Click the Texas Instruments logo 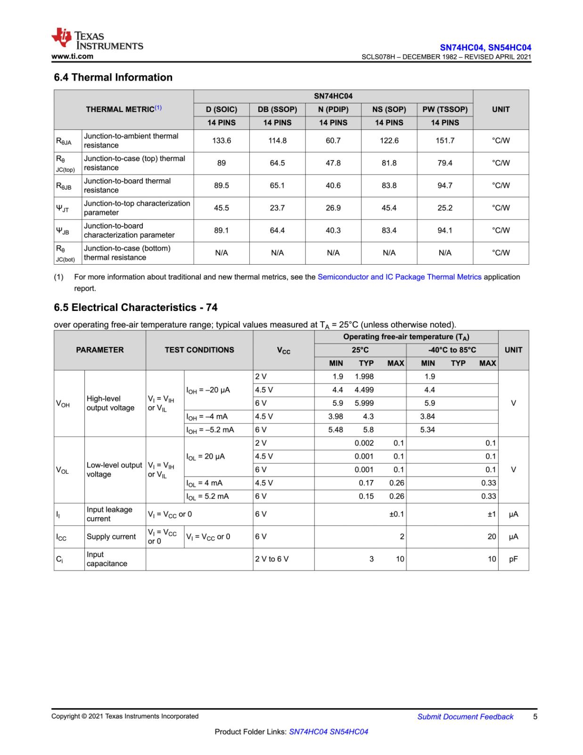pyautogui.click(x=97, y=40)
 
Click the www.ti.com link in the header pyautogui.click(x=72, y=57)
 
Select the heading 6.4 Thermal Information pyautogui.click(x=113, y=77)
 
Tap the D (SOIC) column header pyautogui.click(x=222, y=109)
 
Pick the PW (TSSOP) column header pyautogui.click(x=445, y=109)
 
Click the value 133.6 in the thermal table pyautogui.click(x=222, y=141)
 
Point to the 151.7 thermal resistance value pyautogui.click(x=445, y=141)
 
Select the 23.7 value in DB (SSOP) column pyautogui.click(x=277, y=208)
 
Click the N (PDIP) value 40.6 pyautogui.click(x=333, y=185)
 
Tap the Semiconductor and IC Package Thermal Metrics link pyautogui.click(x=399, y=277)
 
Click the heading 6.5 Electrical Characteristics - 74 pyautogui.click(x=136, y=308)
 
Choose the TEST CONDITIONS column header pyautogui.click(x=199, y=350)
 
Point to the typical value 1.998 pyautogui.click(x=364, y=377)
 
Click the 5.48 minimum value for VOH pyautogui.click(x=336, y=430)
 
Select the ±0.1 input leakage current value pyautogui.click(x=396, y=514)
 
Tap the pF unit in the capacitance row pyautogui.click(x=513, y=559)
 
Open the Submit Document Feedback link pyautogui.click(x=465, y=717)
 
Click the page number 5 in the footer pyautogui.click(x=535, y=717)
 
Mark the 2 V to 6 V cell pyautogui.click(x=272, y=559)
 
